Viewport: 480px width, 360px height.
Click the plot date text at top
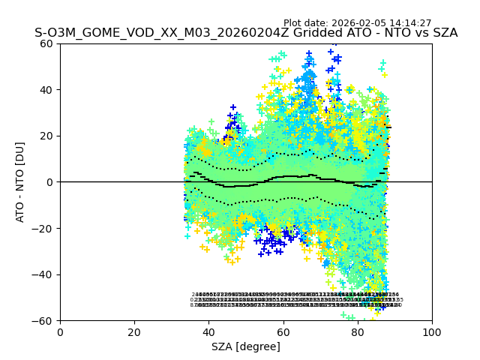(x=357, y=23)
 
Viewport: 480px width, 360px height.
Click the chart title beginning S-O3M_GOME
(x=246, y=33)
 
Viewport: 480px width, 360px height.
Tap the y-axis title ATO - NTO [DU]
(x=21, y=182)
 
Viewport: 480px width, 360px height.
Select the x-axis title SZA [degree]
(x=246, y=346)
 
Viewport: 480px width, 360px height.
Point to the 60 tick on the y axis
(x=46, y=43)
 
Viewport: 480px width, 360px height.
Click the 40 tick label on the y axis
(x=46, y=90)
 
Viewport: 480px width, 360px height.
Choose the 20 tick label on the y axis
(x=46, y=136)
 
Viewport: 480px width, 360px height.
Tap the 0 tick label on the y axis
(x=49, y=182)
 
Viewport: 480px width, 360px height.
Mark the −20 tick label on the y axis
(x=43, y=229)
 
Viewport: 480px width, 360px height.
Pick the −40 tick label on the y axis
(x=43, y=274)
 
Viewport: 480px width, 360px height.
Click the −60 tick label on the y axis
(x=43, y=321)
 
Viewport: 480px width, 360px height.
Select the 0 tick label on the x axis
(x=60, y=332)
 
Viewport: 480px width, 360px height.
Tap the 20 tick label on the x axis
(x=134, y=332)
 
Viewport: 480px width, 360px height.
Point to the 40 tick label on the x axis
(x=208, y=332)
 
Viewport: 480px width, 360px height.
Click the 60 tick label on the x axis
(x=283, y=332)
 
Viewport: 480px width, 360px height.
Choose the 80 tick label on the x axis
(x=358, y=332)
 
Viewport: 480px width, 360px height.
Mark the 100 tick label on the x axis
(x=432, y=332)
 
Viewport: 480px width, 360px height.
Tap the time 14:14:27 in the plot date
(x=409, y=23)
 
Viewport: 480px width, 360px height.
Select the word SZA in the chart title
(x=444, y=33)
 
